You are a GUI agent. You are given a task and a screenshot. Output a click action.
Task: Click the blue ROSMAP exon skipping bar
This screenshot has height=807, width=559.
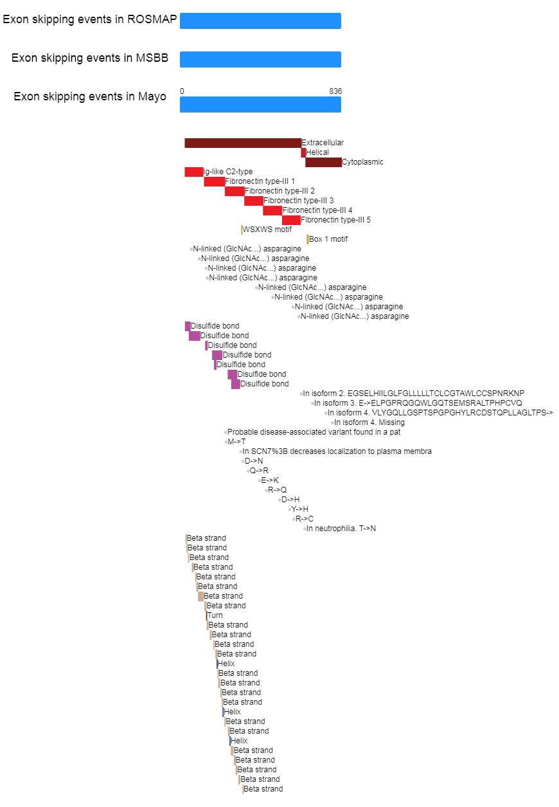260,21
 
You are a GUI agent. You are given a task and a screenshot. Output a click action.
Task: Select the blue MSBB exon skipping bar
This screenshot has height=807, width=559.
260,59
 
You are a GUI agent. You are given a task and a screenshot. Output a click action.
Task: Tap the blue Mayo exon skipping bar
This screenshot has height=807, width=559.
260,104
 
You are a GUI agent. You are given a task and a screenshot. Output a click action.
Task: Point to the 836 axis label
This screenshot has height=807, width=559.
335,91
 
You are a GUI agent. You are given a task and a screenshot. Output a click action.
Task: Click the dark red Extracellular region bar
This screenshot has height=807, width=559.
243,143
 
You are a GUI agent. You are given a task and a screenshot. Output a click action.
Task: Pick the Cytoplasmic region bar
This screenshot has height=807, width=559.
323,162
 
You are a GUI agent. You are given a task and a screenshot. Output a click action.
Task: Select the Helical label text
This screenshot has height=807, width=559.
317,152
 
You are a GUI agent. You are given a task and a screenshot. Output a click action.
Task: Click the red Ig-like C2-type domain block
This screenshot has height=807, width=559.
193,172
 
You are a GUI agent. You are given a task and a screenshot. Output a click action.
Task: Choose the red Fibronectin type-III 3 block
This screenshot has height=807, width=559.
254,201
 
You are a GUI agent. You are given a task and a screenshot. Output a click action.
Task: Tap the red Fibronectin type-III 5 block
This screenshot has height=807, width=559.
291,220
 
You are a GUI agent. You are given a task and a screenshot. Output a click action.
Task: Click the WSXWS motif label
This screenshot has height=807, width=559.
267,230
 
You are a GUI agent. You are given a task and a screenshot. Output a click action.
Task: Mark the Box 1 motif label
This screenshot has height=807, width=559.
328,239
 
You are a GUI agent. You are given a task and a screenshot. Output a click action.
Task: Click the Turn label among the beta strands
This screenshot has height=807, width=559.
215,615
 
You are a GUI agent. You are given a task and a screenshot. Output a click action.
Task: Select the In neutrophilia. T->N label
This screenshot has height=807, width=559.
341,529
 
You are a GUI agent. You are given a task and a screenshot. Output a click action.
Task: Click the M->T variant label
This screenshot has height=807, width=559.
236,442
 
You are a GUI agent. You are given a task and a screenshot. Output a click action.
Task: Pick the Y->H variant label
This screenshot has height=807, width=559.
299,509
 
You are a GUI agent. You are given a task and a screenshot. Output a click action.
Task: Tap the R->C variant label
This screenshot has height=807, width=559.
305,519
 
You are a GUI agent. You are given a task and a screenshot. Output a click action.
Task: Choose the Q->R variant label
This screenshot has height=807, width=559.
259,471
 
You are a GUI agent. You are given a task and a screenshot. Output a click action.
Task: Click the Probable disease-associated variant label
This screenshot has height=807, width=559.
314,432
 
